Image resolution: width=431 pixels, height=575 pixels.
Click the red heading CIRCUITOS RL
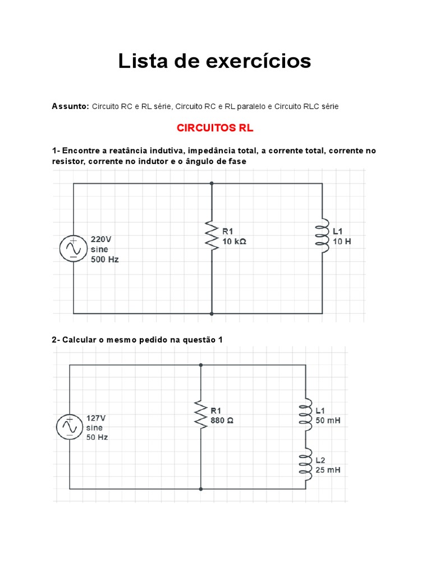(x=215, y=128)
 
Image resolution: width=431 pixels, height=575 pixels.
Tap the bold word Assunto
(x=70, y=106)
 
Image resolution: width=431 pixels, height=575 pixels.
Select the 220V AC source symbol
(x=74, y=248)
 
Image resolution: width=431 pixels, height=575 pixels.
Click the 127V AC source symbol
(x=70, y=427)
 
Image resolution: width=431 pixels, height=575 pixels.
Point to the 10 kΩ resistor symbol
(x=212, y=236)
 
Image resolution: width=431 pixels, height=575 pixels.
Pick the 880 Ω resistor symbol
(x=200, y=414)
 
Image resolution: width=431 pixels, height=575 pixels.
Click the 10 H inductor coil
(x=323, y=236)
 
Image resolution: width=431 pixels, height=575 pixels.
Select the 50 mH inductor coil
(x=306, y=414)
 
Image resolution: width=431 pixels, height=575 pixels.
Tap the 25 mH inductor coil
(x=306, y=464)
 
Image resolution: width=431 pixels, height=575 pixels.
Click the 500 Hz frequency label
(x=105, y=259)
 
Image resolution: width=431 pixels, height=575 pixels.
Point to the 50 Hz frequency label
(x=97, y=437)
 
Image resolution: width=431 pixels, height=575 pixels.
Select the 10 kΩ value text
(x=234, y=241)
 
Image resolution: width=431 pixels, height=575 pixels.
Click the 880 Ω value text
(x=222, y=420)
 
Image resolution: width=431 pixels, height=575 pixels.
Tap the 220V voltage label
(x=101, y=238)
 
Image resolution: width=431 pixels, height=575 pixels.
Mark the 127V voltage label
(x=96, y=418)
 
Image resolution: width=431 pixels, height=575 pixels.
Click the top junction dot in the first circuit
(x=212, y=183)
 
